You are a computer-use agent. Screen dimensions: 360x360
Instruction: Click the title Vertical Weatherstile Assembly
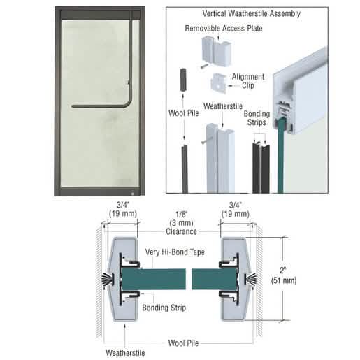pyautogui.click(x=251, y=13)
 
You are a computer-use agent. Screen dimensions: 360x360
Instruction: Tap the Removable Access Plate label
pyautogui.click(x=224, y=29)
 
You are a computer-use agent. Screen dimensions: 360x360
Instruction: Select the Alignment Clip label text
pyautogui.click(x=248, y=81)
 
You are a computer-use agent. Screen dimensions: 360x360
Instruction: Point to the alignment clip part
pyautogui.click(x=219, y=83)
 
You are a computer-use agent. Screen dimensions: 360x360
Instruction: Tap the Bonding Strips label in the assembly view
pyautogui.click(x=257, y=118)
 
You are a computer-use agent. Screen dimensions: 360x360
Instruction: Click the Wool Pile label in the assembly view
pyautogui.click(x=184, y=113)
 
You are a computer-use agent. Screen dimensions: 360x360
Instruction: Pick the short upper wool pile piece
pyautogui.click(x=183, y=80)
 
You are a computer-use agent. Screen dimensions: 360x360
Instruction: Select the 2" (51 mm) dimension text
pyautogui.click(x=284, y=275)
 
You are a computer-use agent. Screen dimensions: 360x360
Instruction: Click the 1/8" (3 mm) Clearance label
pyautogui.click(x=181, y=223)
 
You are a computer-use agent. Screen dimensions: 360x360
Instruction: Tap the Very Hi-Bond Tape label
pyautogui.click(x=175, y=252)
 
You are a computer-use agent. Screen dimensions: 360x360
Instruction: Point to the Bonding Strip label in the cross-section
pyautogui.click(x=164, y=308)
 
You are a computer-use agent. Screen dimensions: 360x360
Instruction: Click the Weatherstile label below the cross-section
pyautogui.click(x=125, y=352)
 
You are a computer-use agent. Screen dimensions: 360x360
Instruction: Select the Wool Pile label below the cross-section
pyautogui.click(x=183, y=343)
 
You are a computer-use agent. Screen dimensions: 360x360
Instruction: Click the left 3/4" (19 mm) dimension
pyautogui.click(x=123, y=209)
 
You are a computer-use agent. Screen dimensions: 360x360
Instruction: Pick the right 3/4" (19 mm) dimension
pyautogui.click(x=236, y=209)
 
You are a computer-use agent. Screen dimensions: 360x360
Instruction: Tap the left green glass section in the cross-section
pyautogui.click(x=154, y=279)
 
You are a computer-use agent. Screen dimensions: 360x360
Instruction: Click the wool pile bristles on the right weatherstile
pyautogui.click(x=252, y=279)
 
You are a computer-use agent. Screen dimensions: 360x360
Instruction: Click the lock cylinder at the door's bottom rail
pyautogui.click(x=133, y=193)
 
